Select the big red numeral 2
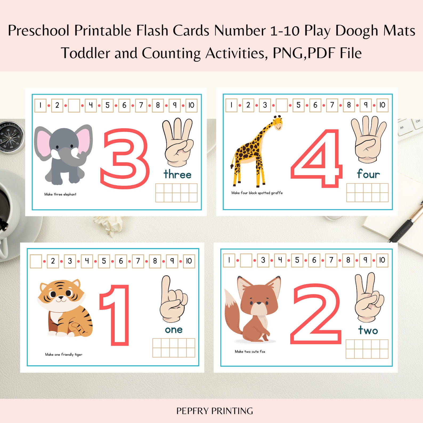316,314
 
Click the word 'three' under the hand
177,174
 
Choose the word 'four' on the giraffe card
368,174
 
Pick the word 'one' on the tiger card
174,330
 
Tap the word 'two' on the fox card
368,330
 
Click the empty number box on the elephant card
74,105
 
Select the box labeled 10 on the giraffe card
382,105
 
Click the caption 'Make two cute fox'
250,352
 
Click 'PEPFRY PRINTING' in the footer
214,411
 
